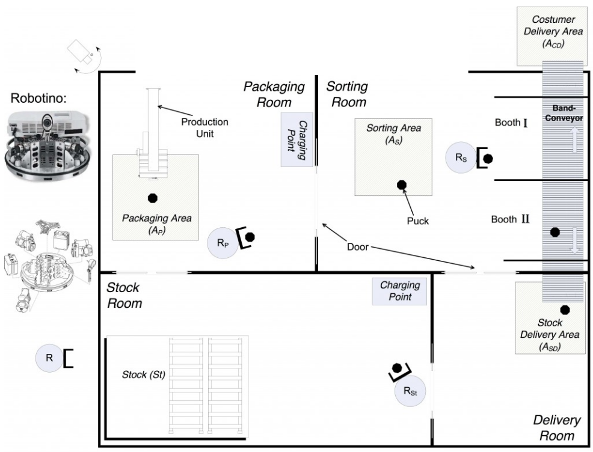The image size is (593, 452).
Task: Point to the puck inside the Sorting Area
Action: pyautogui.click(x=401, y=185)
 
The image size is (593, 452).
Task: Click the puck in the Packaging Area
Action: pyautogui.click(x=152, y=197)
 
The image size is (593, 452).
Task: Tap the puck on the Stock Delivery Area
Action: pyautogui.click(x=565, y=310)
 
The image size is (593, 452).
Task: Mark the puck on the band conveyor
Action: pyautogui.click(x=555, y=232)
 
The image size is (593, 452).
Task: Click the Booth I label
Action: pyautogui.click(x=511, y=123)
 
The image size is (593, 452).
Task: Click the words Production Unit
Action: pyautogui.click(x=206, y=127)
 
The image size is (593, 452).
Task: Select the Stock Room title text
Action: pyautogui.click(x=124, y=295)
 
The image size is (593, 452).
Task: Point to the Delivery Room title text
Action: pyautogui.click(x=557, y=427)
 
